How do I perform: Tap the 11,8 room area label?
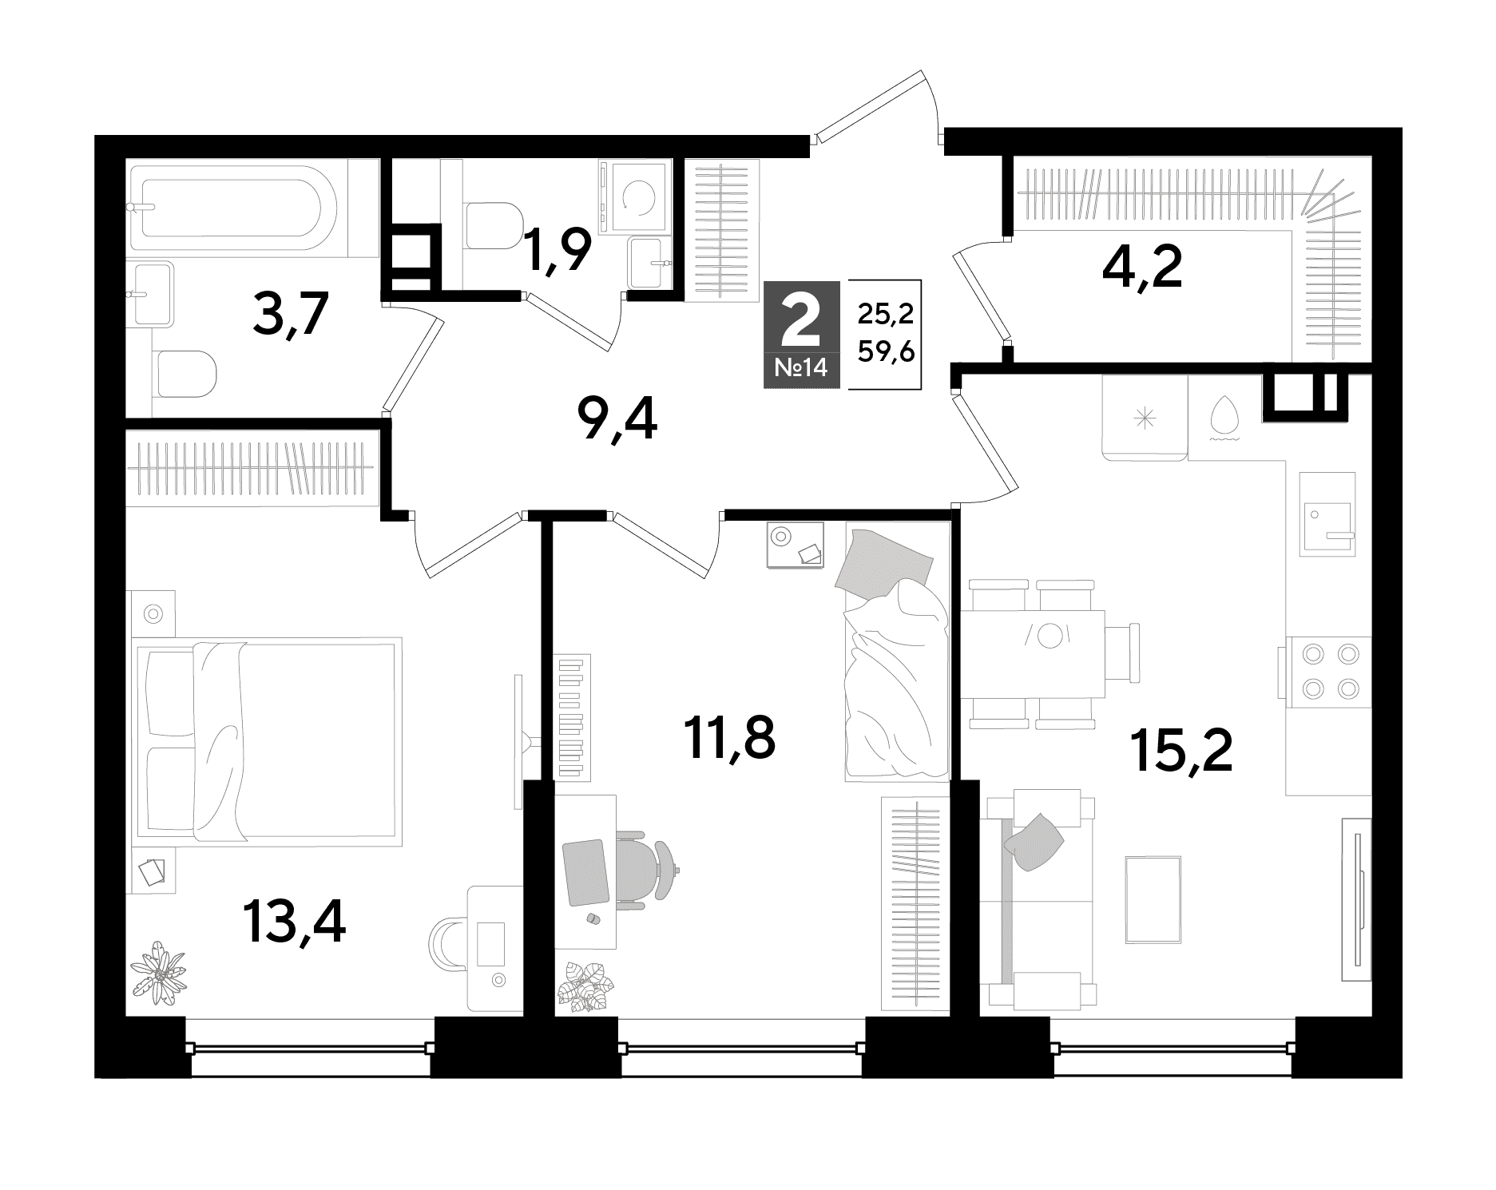pos(730,738)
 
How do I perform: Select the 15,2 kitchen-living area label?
pos(1182,752)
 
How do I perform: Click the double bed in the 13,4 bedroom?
pos(268,740)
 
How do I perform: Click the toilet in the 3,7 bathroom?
pos(185,375)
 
